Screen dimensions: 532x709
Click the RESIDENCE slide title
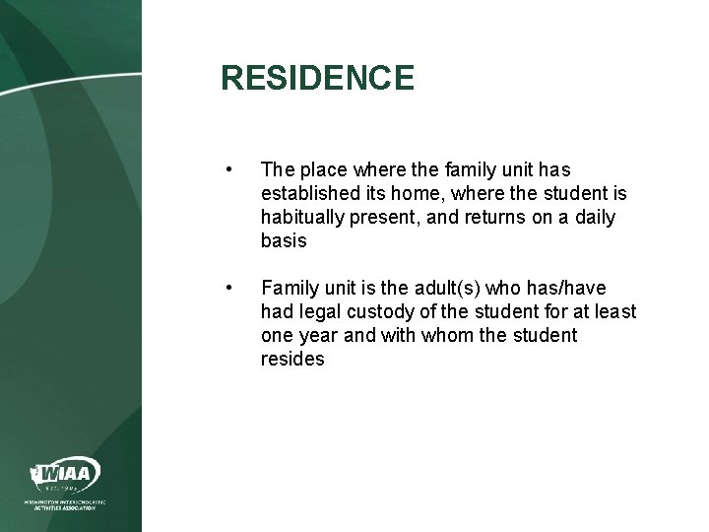(x=318, y=78)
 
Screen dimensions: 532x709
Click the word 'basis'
(x=284, y=241)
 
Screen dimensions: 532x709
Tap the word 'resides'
(x=291, y=360)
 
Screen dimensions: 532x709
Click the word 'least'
(x=613, y=312)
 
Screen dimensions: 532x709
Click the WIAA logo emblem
(x=65, y=475)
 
